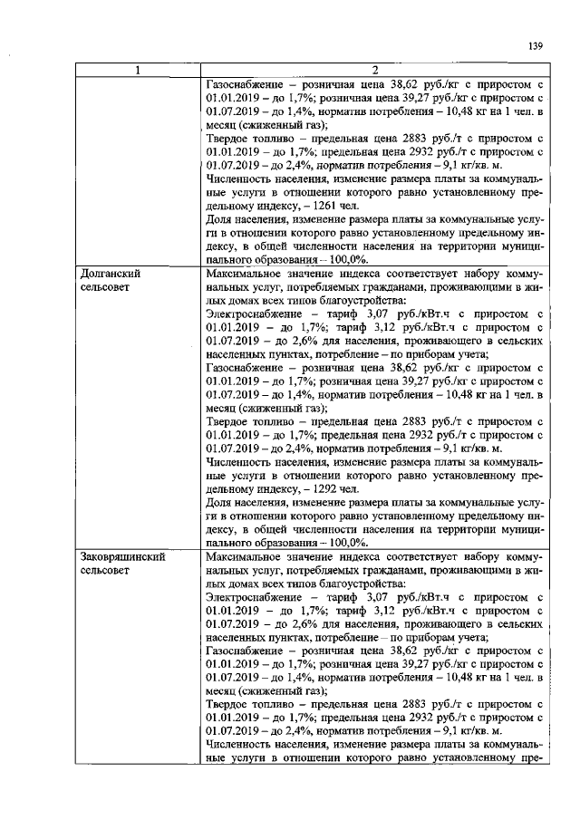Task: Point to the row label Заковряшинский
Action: pyautogui.click(x=122, y=557)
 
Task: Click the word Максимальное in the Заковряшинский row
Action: pyautogui.click(x=245, y=557)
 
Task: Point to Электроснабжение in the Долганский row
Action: pyautogui.click(x=252, y=315)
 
